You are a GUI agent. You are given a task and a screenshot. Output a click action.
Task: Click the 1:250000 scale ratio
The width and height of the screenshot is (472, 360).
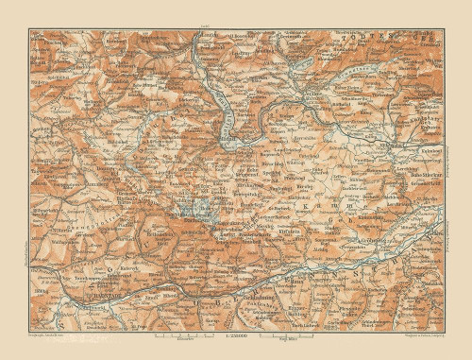pos(234,334)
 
